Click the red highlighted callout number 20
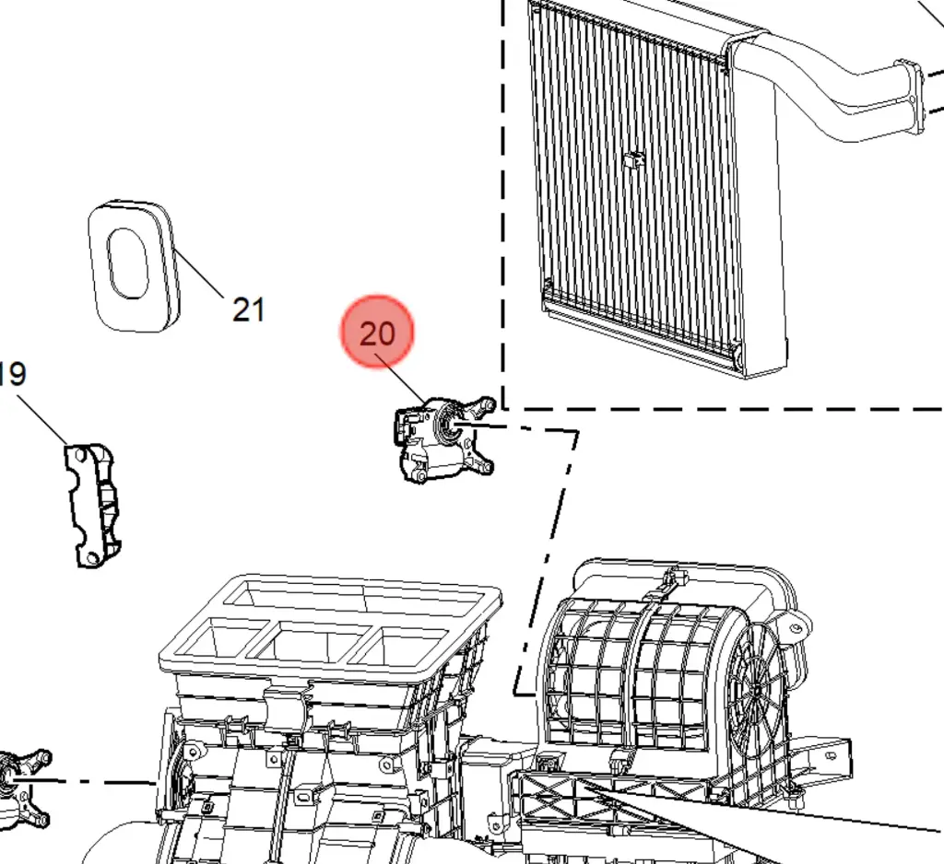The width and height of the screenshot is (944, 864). [378, 333]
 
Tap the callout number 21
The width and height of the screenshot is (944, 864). [248, 309]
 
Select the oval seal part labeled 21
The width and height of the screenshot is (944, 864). [133, 264]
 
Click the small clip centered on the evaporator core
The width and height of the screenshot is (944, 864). [633, 159]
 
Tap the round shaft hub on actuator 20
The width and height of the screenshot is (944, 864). [452, 426]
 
